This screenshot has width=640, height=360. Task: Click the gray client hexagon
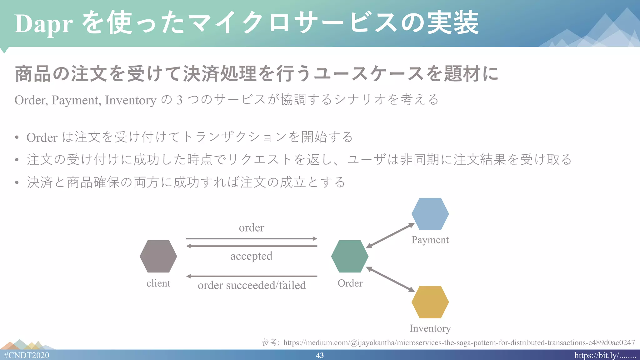click(x=158, y=256)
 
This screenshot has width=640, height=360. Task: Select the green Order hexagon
click(x=350, y=256)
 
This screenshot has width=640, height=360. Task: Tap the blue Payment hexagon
click(x=430, y=214)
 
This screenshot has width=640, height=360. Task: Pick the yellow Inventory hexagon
click(x=430, y=302)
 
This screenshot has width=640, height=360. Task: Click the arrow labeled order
click(x=252, y=239)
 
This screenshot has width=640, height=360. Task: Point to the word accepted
click(x=252, y=256)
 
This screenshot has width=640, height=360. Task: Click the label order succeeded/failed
click(x=252, y=285)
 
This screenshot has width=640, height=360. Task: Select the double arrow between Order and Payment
click(x=390, y=236)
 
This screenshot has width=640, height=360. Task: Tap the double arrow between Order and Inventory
click(x=390, y=279)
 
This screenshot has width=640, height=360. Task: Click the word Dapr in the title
click(x=43, y=24)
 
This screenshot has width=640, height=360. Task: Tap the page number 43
click(x=320, y=355)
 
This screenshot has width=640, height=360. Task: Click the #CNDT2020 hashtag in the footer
click(x=27, y=355)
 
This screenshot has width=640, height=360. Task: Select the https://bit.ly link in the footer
click(x=605, y=355)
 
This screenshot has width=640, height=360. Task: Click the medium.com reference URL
click(x=459, y=342)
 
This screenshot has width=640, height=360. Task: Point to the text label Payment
click(x=430, y=240)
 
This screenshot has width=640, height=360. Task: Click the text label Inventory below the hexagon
click(x=430, y=328)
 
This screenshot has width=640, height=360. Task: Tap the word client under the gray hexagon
click(x=158, y=283)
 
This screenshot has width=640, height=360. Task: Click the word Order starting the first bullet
click(x=42, y=137)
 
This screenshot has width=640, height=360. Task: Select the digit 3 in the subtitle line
click(x=179, y=100)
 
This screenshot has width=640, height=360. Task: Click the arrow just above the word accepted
click(x=252, y=246)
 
